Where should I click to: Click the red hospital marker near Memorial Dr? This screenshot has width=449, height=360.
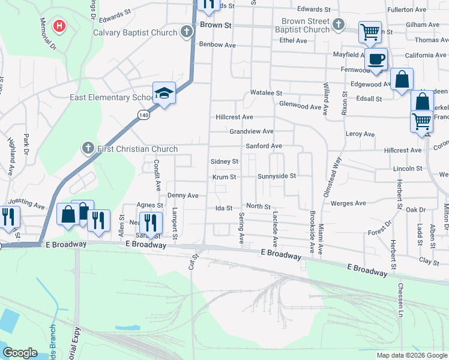click(59, 26)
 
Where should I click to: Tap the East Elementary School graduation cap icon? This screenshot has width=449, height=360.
click(164, 93)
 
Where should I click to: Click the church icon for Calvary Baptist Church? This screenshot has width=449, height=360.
click(187, 32)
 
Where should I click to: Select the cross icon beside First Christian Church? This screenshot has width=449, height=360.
click(88, 149)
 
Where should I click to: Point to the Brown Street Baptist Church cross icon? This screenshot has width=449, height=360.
click(339, 25)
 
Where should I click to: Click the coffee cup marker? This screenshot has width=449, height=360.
click(376, 59)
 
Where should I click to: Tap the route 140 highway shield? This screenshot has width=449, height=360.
click(142, 114)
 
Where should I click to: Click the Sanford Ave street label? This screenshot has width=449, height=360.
click(264, 146)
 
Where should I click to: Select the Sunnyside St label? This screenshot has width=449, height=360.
click(277, 176)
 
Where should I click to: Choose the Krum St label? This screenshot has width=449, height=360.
click(224, 177)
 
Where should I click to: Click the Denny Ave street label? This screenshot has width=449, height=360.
click(182, 196)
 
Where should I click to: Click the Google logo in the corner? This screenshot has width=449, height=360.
click(20, 353)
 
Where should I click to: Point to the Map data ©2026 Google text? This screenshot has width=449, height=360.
click(411, 355)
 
